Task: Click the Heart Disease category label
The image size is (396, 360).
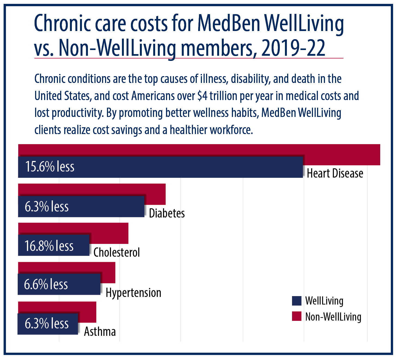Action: coord(335,173)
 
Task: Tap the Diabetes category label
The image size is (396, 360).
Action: coord(167,213)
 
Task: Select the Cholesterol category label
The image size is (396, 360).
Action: coord(116,253)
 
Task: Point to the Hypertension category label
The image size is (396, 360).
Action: coord(133,293)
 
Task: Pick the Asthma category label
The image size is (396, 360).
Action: coord(100,332)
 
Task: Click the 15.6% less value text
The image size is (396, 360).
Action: coord(50,167)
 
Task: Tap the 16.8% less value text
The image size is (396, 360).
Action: coord(49,246)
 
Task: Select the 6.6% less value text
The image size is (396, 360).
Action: coord(46,284)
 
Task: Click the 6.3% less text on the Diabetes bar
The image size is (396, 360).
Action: coord(47,207)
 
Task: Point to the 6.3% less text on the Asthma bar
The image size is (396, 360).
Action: coord(47,324)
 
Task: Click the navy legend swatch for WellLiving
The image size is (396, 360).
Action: coord(296,301)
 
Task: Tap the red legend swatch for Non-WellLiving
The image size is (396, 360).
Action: coord(296,316)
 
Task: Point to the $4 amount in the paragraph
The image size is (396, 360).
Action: coord(203,96)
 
